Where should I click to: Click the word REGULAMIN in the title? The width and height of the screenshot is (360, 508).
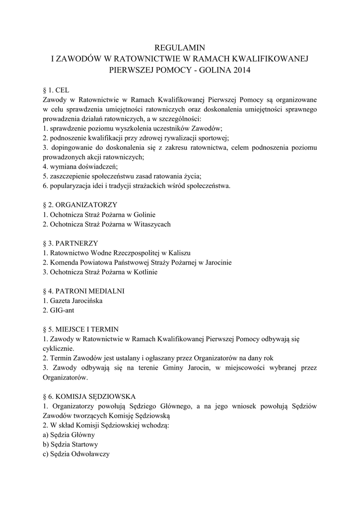click(x=180, y=48)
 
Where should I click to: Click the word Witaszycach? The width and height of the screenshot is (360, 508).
click(x=152, y=224)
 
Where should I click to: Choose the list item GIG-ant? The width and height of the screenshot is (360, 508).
click(x=62, y=310)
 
